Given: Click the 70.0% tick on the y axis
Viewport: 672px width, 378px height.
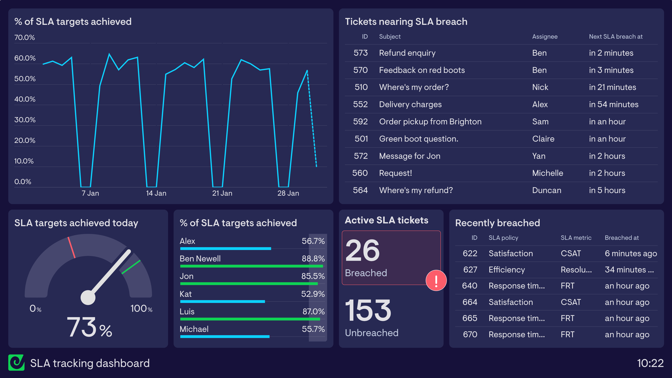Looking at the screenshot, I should tap(24, 37).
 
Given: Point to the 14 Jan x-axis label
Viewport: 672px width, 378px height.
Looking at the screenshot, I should tap(156, 193).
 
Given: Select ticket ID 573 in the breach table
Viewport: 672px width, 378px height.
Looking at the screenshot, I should tap(360, 53).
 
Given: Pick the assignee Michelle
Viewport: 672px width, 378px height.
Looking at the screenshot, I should tap(548, 173).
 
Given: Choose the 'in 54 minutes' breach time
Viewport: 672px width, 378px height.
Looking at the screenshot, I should tap(614, 104).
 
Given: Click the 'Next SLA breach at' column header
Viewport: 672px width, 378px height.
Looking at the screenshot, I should tap(616, 37).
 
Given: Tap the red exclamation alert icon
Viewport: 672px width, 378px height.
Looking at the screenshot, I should tap(436, 281).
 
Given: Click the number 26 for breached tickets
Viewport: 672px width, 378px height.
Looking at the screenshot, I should tap(363, 251).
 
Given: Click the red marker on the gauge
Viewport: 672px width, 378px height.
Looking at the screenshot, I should tap(72, 247).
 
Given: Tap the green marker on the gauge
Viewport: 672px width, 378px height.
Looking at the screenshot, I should tap(131, 267).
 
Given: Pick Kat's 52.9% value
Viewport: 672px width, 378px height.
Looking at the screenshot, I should tap(313, 294).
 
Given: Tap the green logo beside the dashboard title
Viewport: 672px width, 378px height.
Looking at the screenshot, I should tap(16, 363).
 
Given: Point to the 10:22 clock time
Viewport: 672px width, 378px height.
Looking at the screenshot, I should tap(650, 363).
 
